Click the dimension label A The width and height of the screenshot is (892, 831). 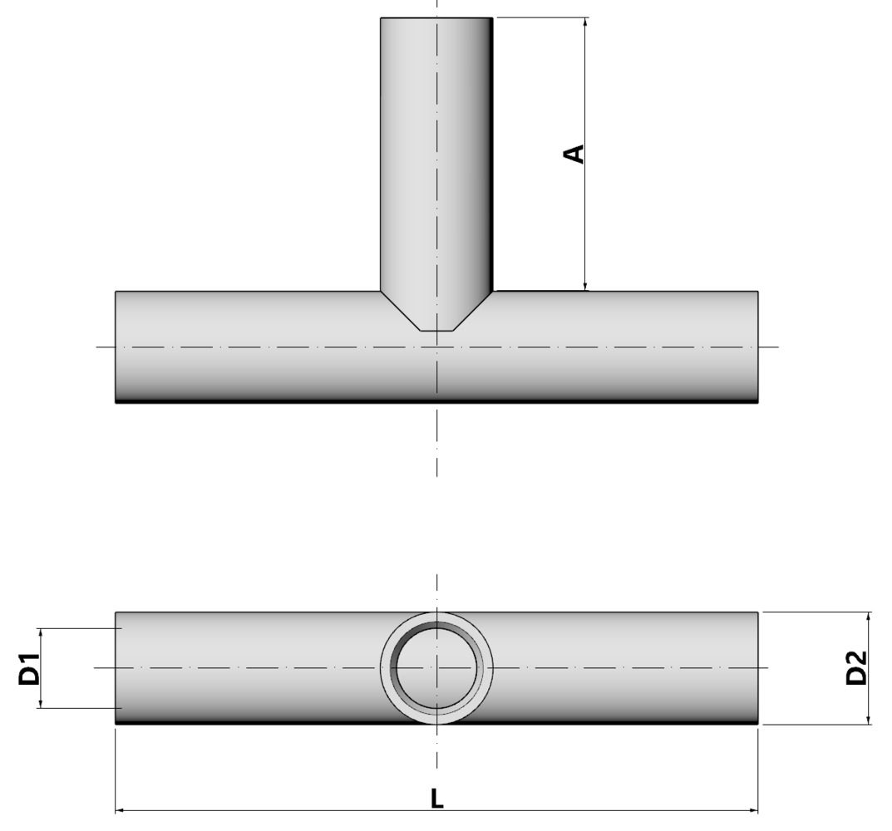[x=574, y=154]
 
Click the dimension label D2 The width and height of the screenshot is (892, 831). [x=855, y=667]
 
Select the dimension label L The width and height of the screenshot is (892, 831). [x=436, y=799]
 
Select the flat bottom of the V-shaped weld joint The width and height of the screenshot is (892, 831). [x=436, y=331]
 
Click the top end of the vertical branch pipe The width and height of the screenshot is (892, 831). [x=436, y=18]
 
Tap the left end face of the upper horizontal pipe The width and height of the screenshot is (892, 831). [x=116, y=347]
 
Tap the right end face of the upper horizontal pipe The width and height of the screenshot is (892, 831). [x=757, y=347]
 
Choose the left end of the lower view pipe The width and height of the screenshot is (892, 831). [x=116, y=667]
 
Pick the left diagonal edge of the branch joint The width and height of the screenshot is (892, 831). [x=400, y=311]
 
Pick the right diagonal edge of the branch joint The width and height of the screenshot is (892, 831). [x=473, y=311]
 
